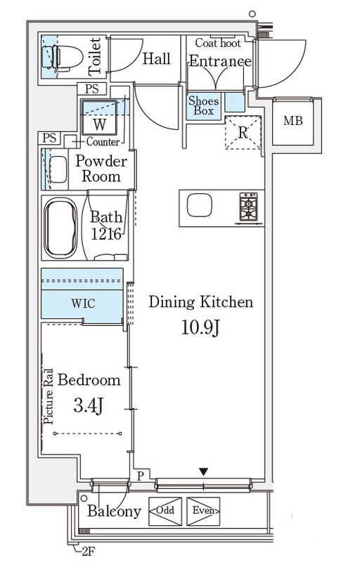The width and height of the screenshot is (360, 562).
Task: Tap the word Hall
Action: pos(156,59)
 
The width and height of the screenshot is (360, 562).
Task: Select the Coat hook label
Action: pos(218,44)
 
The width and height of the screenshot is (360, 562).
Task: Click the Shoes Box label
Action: pos(203,106)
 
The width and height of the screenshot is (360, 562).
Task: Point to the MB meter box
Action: pos(293,121)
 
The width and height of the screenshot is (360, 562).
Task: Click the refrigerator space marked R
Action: pos(243,133)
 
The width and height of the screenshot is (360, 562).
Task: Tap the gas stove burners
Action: pos(248,207)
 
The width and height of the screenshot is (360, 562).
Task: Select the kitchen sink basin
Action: pos(200,205)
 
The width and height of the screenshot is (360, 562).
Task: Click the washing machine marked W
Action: pos(99,117)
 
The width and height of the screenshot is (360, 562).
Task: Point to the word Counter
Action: pos(103,142)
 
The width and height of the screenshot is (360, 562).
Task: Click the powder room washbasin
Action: pos(58,169)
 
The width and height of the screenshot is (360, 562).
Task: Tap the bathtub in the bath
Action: pos(60,228)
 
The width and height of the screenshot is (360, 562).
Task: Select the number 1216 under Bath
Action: pos(105,234)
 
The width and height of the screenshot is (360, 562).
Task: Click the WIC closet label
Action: pos(83,303)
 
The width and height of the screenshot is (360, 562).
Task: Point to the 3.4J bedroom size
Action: pos(89,407)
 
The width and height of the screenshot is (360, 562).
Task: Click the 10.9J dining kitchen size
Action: pos(200,327)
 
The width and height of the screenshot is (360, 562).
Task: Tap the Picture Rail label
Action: pos(49,397)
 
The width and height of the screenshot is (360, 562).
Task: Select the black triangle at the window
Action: pos(204,472)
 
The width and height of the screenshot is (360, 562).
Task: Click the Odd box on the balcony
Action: pos(165,511)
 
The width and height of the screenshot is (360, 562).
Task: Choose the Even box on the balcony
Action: pos(203,511)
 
